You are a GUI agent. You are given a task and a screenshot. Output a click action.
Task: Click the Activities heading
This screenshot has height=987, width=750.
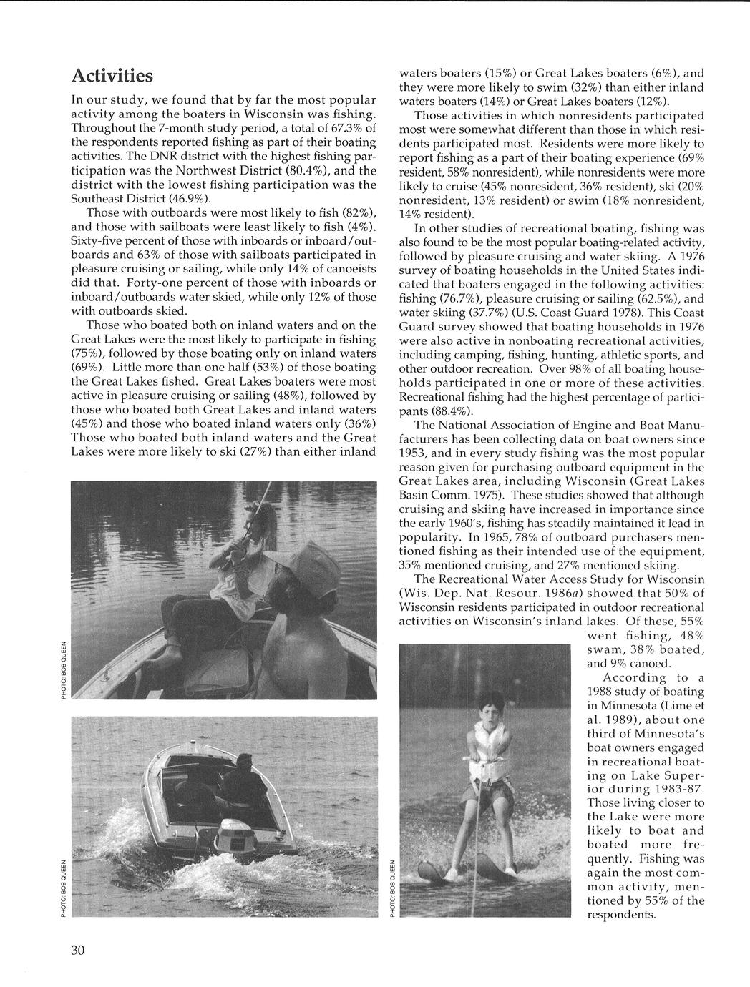point(112,75)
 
